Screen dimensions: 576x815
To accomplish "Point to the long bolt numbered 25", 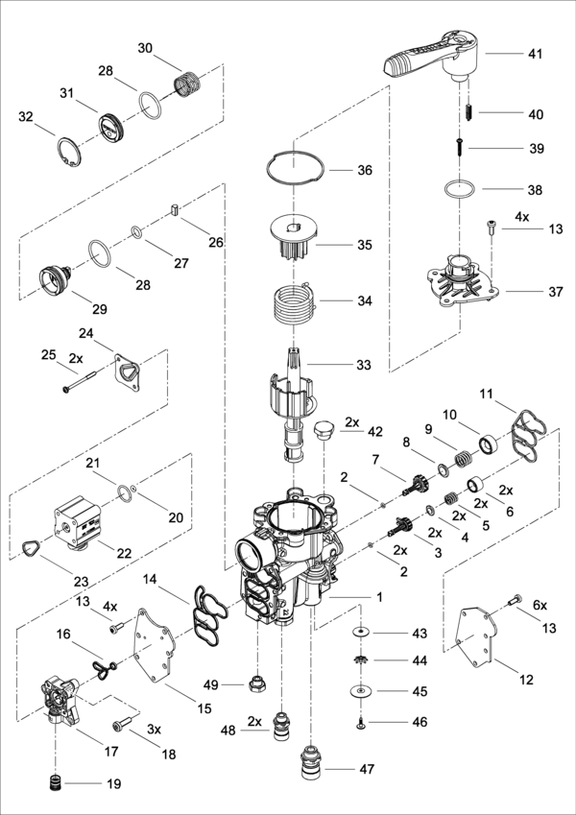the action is click(80, 380).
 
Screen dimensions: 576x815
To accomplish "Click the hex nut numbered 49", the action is click(257, 684).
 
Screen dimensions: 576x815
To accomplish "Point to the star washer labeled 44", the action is click(359, 660).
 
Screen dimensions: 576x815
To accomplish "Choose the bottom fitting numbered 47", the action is click(311, 762).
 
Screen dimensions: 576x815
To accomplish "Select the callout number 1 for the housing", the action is click(379, 597).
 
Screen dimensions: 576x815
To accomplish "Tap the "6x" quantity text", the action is click(540, 605).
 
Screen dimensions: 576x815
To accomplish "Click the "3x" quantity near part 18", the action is click(154, 730).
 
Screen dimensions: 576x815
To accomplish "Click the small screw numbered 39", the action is click(460, 147).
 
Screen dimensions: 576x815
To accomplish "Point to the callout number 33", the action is click(364, 365).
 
